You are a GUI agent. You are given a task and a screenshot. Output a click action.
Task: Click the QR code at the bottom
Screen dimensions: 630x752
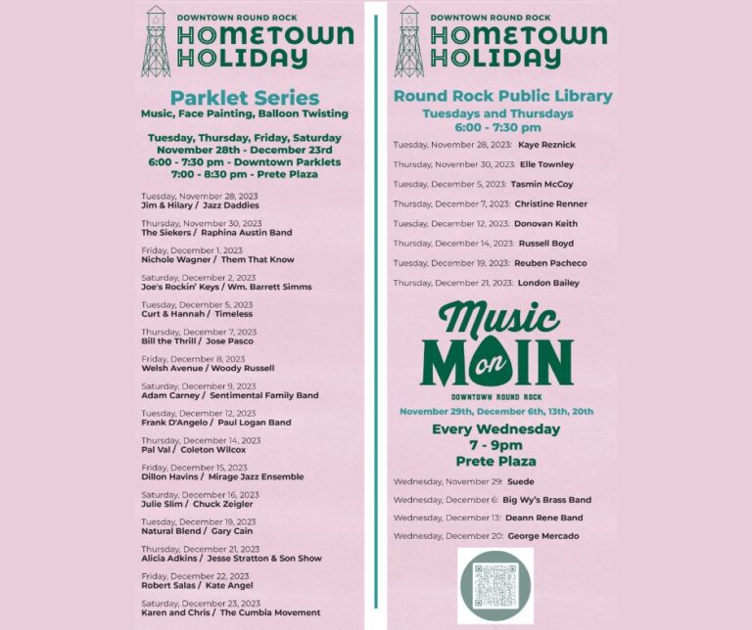point(495,585)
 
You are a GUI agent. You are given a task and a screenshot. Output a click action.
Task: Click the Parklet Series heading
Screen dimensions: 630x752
point(244,98)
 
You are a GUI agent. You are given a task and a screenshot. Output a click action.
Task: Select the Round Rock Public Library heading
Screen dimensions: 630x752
point(502,96)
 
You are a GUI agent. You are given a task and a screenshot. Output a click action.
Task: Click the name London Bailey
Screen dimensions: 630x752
point(548,283)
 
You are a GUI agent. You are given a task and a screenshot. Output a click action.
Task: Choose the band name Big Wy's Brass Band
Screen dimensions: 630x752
point(547,500)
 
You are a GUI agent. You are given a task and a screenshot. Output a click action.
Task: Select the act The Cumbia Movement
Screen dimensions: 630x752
point(270,612)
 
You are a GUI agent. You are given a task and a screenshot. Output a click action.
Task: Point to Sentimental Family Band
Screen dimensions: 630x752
point(264,395)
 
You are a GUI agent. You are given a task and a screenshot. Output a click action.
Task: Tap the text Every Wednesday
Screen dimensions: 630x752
point(495,429)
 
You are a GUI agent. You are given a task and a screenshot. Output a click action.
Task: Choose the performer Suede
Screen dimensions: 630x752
point(520,482)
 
